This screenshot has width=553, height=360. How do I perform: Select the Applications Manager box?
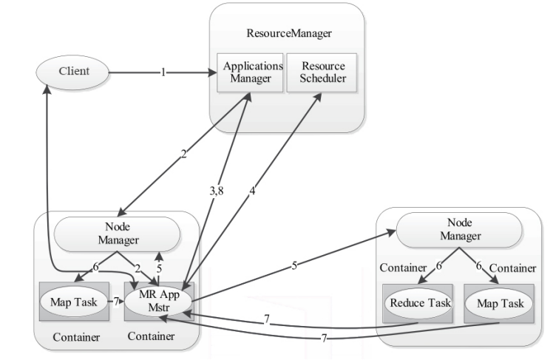[x=249, y=71]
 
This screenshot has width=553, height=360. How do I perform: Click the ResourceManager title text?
[x=289, y=33]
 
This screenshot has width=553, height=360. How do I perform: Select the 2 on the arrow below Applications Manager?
[x=183, y=154]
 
